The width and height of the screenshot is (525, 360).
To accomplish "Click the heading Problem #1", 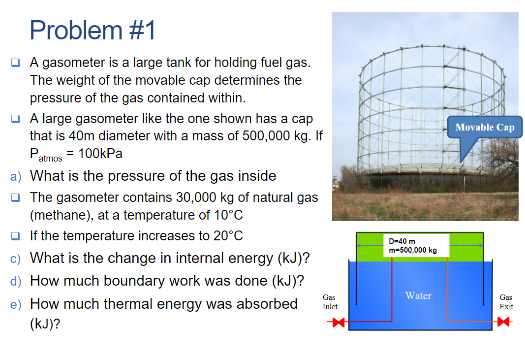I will click(x=93, y=31).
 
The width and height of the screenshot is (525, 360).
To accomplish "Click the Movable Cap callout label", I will click(x=485, y=127).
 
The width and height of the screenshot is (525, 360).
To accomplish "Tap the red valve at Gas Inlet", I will click(x=338, y=323).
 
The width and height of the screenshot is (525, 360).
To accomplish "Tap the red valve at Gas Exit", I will click(x=503, y=323).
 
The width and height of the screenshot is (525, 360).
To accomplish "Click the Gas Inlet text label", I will click(x=330, y=302).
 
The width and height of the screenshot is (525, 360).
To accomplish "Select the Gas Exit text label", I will click(x=506, y=302).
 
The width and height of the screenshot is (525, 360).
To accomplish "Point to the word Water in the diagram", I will click(x=418, y=295).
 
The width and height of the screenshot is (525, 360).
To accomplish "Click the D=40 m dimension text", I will click(x=402, y=241).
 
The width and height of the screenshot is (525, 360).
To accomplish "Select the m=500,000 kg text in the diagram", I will click(x=412, y=250).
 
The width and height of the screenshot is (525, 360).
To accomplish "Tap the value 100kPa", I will click(x=100, y=153).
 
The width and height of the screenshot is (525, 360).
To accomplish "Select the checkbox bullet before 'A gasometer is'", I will click(x=16, y=63).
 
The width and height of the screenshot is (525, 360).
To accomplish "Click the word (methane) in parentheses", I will click(x=62, y=215).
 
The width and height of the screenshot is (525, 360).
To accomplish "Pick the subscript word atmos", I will click(x=51, y=158).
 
